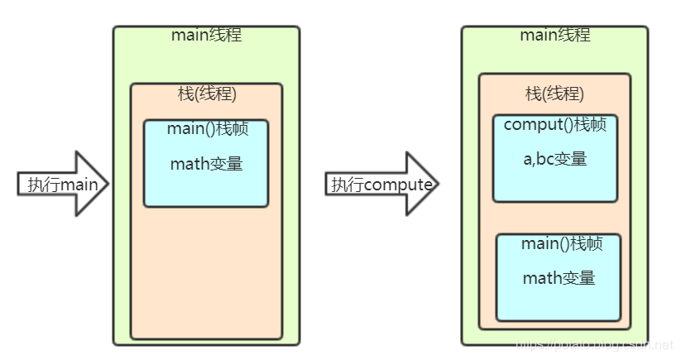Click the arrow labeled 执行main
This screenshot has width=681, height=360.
[x=63, y=184]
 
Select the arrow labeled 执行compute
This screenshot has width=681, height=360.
[x=381, y=184]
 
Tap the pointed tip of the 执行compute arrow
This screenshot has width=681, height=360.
[x=436, y=184]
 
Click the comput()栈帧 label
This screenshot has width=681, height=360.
[x=554, y=126]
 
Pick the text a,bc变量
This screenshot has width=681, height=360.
[x=554, y=159]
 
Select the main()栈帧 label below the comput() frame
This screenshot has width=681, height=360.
[x=561, y=245]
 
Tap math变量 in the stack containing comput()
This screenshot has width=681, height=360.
[x=559, y=278]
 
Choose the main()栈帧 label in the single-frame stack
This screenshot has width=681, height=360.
[x=205, y=130]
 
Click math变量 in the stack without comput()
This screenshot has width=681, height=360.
[x=206, y=164]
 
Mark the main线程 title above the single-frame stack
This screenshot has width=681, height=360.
[x=206, y=35]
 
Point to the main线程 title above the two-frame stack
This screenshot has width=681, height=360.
[x=554, y=35]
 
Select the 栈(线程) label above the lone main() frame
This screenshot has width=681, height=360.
[x=207, y=94]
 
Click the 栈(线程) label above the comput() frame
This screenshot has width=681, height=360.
[x=554, y=94]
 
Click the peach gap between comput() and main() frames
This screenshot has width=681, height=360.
[x=555, y=218]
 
